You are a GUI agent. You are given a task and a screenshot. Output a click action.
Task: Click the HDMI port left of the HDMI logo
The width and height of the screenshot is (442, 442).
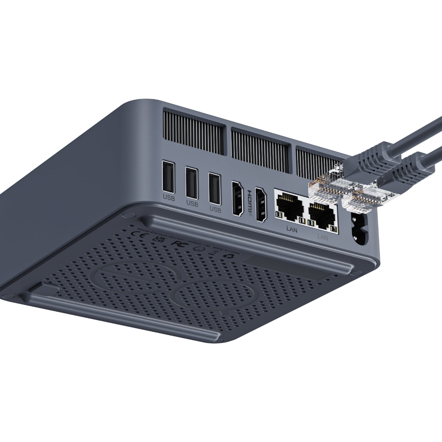[x=238, y=199]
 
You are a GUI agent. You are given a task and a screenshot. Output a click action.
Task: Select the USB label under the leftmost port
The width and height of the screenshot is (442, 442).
[x=169, y=198]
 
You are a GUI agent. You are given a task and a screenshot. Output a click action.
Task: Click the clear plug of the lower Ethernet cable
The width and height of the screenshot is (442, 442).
[x=359, y=197]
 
